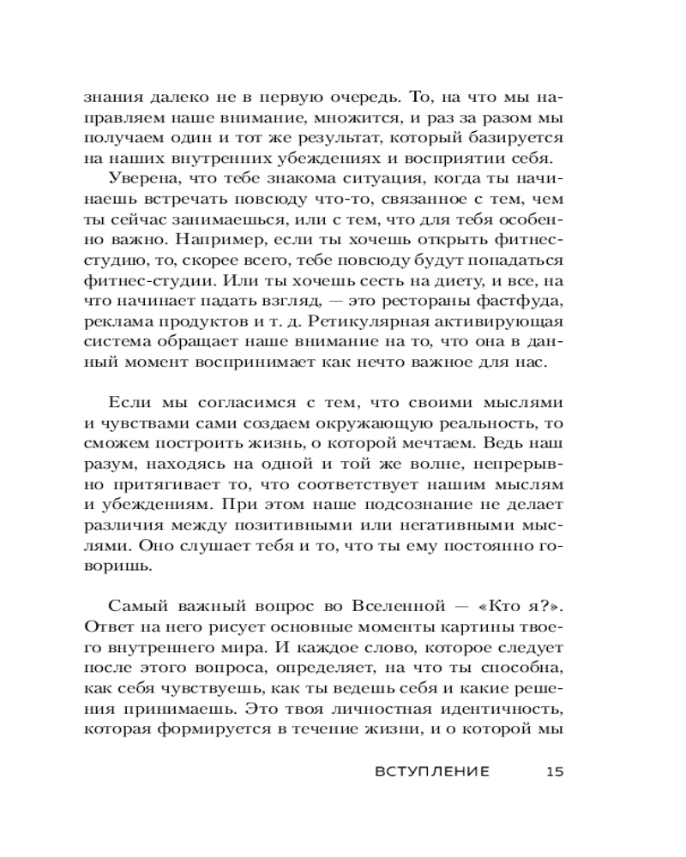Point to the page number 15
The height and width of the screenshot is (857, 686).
click(x=554, y=772)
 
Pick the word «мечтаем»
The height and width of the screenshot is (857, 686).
click(x=436, y=443)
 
